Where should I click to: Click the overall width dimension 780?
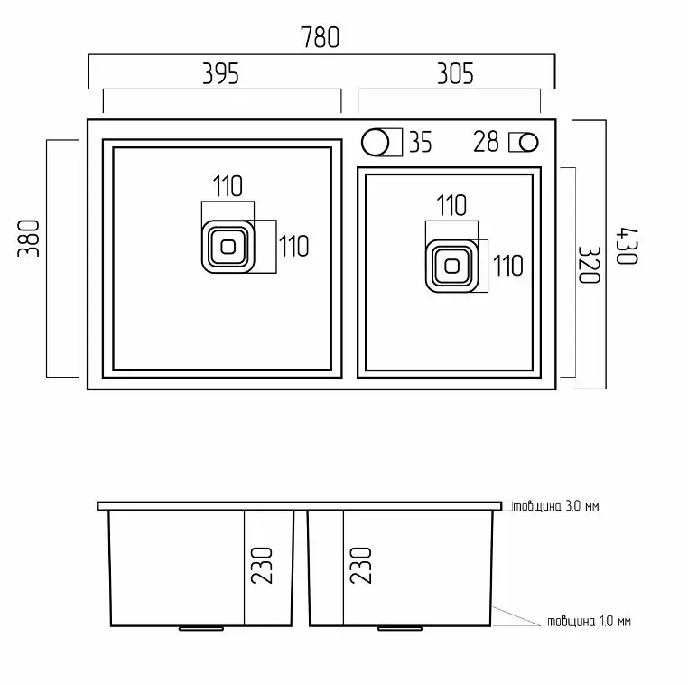click(320, 37)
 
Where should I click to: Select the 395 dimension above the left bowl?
click(220, 74)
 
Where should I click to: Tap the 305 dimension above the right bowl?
click(455, 74)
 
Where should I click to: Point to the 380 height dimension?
click(29, 238)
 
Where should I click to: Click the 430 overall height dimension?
click(627, 247)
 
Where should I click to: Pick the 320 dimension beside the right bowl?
click(589, 265)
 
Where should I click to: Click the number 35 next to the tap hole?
click(421, 142)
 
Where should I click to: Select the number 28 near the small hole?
click(486, 141)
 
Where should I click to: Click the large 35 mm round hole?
click(376, 142)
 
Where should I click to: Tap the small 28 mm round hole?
click(528, 142)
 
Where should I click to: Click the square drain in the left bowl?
click(228, 247)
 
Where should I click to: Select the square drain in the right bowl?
click(452, 266)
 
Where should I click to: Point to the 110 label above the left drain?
click(228, 186)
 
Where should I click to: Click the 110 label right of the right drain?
click(508, 266)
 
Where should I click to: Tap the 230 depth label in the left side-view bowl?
click(262, 565)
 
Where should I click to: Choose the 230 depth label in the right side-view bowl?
click(360, 565)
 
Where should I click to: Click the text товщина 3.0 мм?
click(556, 506)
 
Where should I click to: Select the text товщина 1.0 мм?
click(589, 622)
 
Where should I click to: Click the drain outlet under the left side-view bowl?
click(201, 628)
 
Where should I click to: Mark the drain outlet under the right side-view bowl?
click(400, 628)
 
